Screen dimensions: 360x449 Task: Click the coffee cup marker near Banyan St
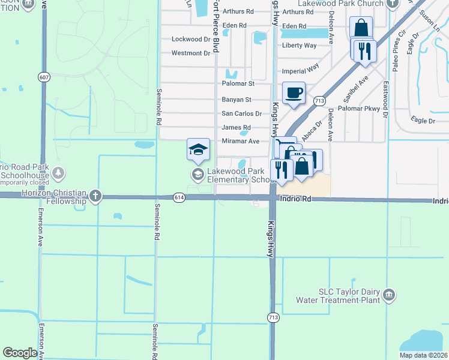point(294,93)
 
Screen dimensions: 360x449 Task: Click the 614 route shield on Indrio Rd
point(179,197)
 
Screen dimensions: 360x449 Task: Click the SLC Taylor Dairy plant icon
point(389,294)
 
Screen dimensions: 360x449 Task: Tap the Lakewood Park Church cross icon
point(393,4)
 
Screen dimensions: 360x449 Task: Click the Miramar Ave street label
point(240,141)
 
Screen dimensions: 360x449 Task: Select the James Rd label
point(236,128)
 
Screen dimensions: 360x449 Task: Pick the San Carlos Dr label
point(242,113)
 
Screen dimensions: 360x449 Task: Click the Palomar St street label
point(238,83)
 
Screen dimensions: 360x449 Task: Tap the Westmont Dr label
point(191,53)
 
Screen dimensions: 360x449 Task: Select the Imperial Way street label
point(301,69)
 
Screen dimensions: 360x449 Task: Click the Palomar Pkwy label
point(359,109)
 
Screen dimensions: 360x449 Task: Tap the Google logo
point(20,353)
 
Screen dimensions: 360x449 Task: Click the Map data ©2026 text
point(423,355)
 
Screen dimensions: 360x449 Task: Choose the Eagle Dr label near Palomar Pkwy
point(423,121)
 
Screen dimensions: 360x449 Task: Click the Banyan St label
point(237,100)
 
